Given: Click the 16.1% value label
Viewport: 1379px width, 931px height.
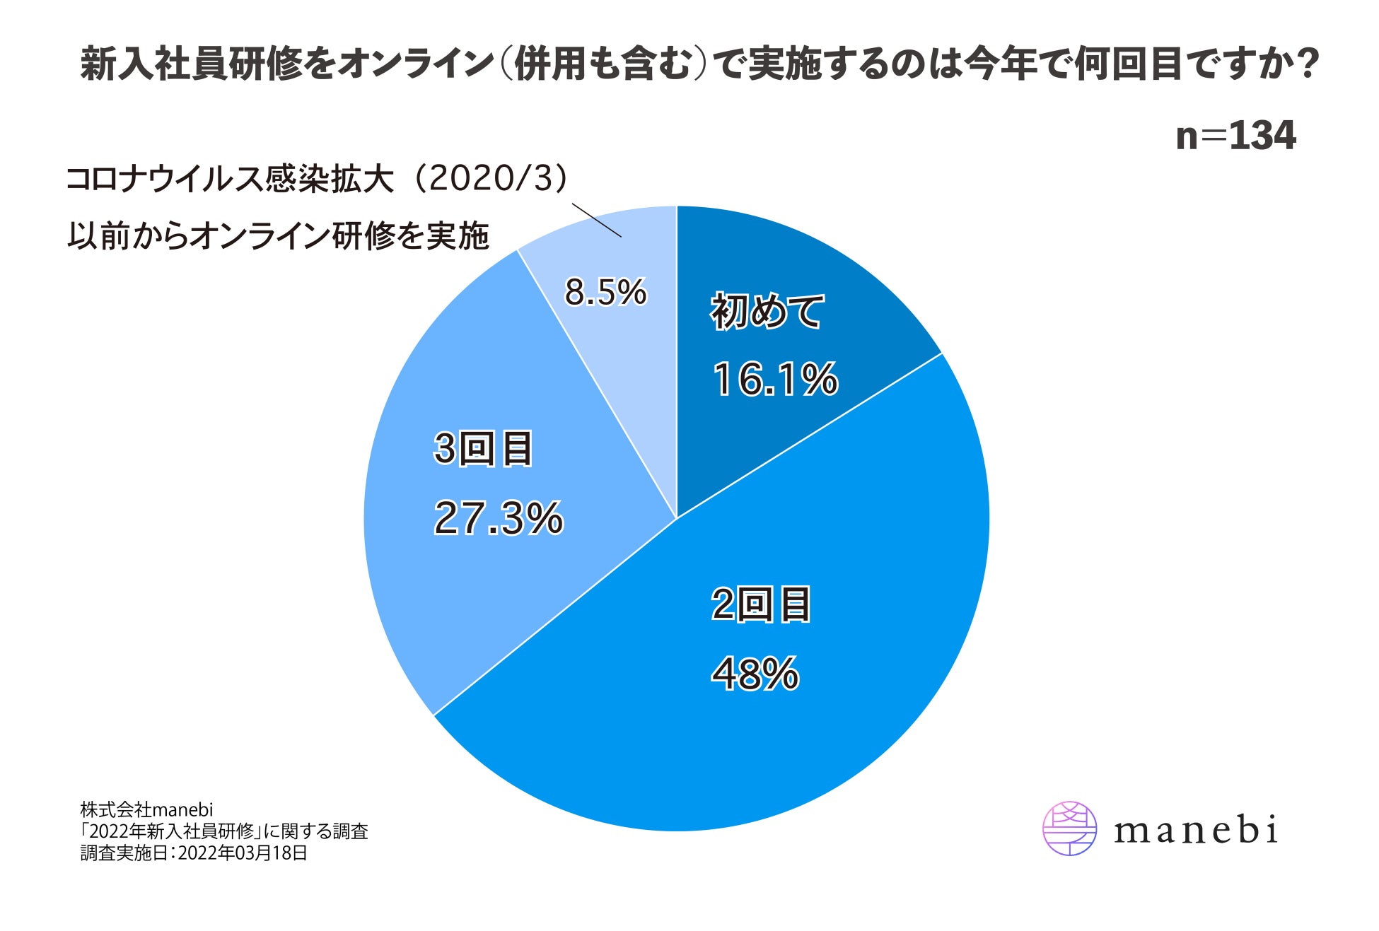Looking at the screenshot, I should [775, 380].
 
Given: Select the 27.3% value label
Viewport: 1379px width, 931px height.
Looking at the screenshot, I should [499, 517].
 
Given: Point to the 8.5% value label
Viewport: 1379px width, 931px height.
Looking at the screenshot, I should [605, 292].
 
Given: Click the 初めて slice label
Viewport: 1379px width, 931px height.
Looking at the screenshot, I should [767, 311].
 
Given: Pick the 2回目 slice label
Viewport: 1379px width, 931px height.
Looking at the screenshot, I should [761, 605].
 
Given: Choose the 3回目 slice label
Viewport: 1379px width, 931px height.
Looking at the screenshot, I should [483, 449].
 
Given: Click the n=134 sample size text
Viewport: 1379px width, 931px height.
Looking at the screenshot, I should [1235, 136].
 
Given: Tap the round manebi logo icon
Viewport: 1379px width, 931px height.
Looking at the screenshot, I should [1070, 828].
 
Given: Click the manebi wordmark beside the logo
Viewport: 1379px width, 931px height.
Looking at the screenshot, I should [1196, 830].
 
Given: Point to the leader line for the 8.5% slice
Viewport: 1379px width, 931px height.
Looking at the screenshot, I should [596, 220].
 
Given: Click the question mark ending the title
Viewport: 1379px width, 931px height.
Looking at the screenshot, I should [1310, 64].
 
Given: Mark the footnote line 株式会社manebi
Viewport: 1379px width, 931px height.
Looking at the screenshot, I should [146, 809].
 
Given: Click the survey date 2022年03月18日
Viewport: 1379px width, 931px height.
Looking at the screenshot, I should [243, 853].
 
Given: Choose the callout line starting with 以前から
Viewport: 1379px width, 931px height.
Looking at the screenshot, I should [278, 235].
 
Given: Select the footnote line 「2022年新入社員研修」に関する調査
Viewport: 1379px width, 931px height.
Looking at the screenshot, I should [224, 831].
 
